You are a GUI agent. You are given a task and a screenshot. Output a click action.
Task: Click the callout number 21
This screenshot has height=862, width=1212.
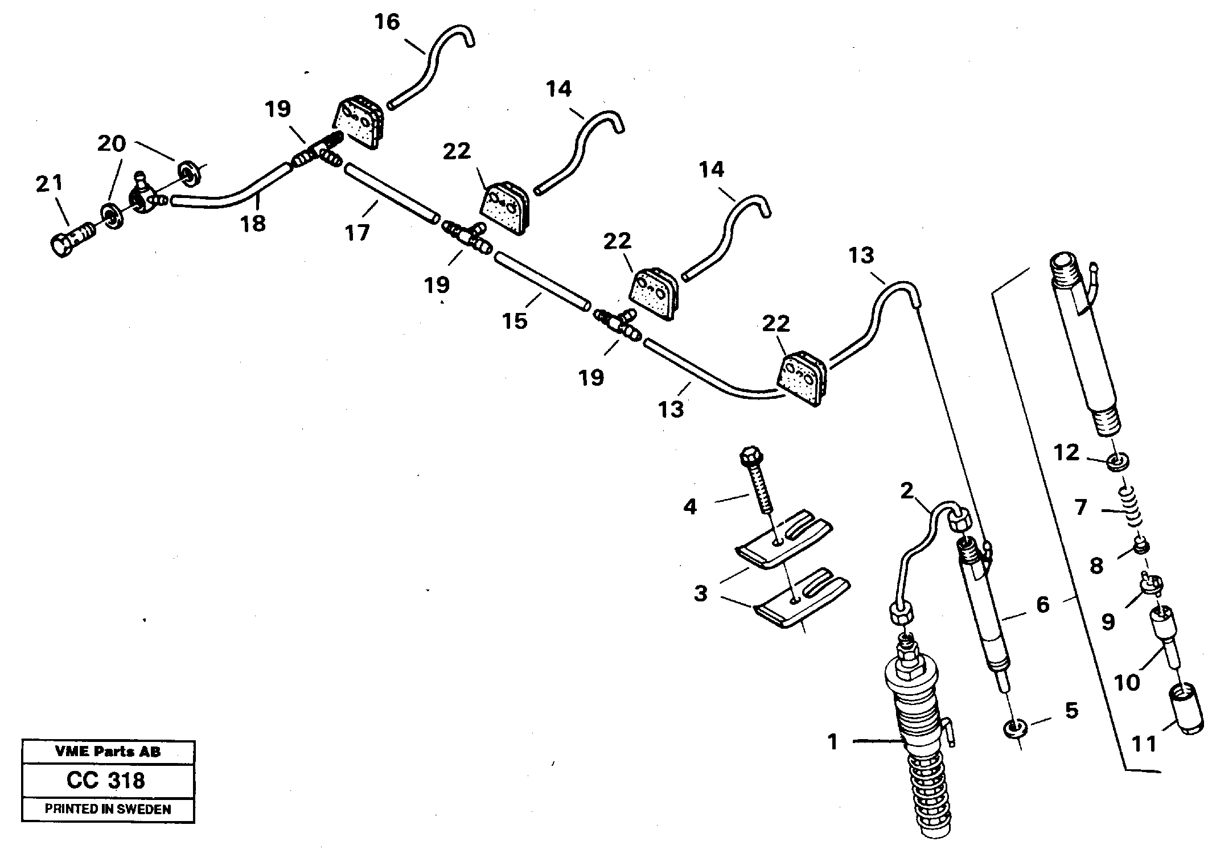pos(50,183)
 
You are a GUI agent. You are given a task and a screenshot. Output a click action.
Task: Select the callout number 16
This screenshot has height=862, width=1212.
pos(387,23)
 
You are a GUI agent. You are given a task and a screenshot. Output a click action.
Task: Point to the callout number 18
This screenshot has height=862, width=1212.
pos(253,223)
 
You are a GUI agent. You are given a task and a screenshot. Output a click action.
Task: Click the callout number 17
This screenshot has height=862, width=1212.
pos(358,232)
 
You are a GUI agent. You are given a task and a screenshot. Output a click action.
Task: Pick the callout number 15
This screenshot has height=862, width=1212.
pos(515,321)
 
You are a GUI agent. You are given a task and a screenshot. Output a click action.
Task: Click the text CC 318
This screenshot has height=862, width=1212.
pos(106,780)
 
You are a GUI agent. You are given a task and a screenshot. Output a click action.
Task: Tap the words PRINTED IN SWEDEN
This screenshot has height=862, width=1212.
pos(108,809)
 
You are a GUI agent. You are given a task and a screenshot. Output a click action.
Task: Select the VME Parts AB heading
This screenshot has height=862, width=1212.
pos(108,752)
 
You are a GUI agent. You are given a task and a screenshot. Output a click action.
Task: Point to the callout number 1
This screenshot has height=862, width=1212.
pos(833,742)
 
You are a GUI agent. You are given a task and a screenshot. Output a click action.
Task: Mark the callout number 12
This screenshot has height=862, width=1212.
pos(1066,453)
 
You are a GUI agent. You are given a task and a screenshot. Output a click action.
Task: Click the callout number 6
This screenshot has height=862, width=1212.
pos(1042,604)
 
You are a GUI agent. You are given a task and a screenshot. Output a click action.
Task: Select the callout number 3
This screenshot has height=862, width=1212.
pos(700,593)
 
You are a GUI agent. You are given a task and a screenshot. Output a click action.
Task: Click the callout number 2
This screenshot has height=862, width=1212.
pos(907,490)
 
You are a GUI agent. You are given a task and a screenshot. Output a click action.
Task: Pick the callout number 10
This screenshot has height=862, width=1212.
pos(1127,682)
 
